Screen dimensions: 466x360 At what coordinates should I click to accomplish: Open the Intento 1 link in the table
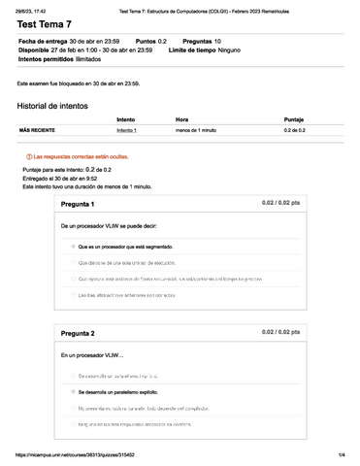coord(127,129)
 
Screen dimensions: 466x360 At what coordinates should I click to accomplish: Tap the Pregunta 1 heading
coord(78,205)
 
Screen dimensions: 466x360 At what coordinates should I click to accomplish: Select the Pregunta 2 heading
coord(78,332)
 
